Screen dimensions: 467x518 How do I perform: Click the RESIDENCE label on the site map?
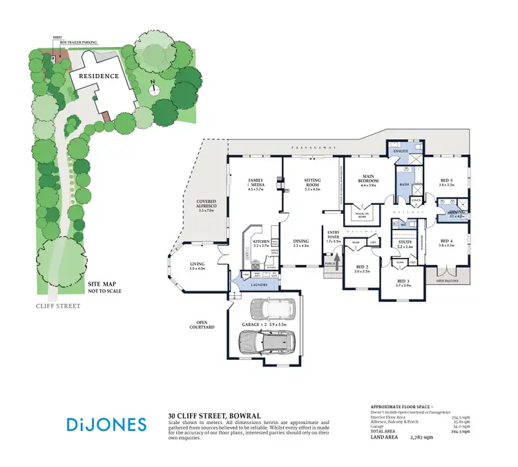(99, 76)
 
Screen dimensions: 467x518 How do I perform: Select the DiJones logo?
(106, 423)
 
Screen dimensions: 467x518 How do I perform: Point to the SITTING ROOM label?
(318, 182)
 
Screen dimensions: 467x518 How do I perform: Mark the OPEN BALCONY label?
(449, 282)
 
